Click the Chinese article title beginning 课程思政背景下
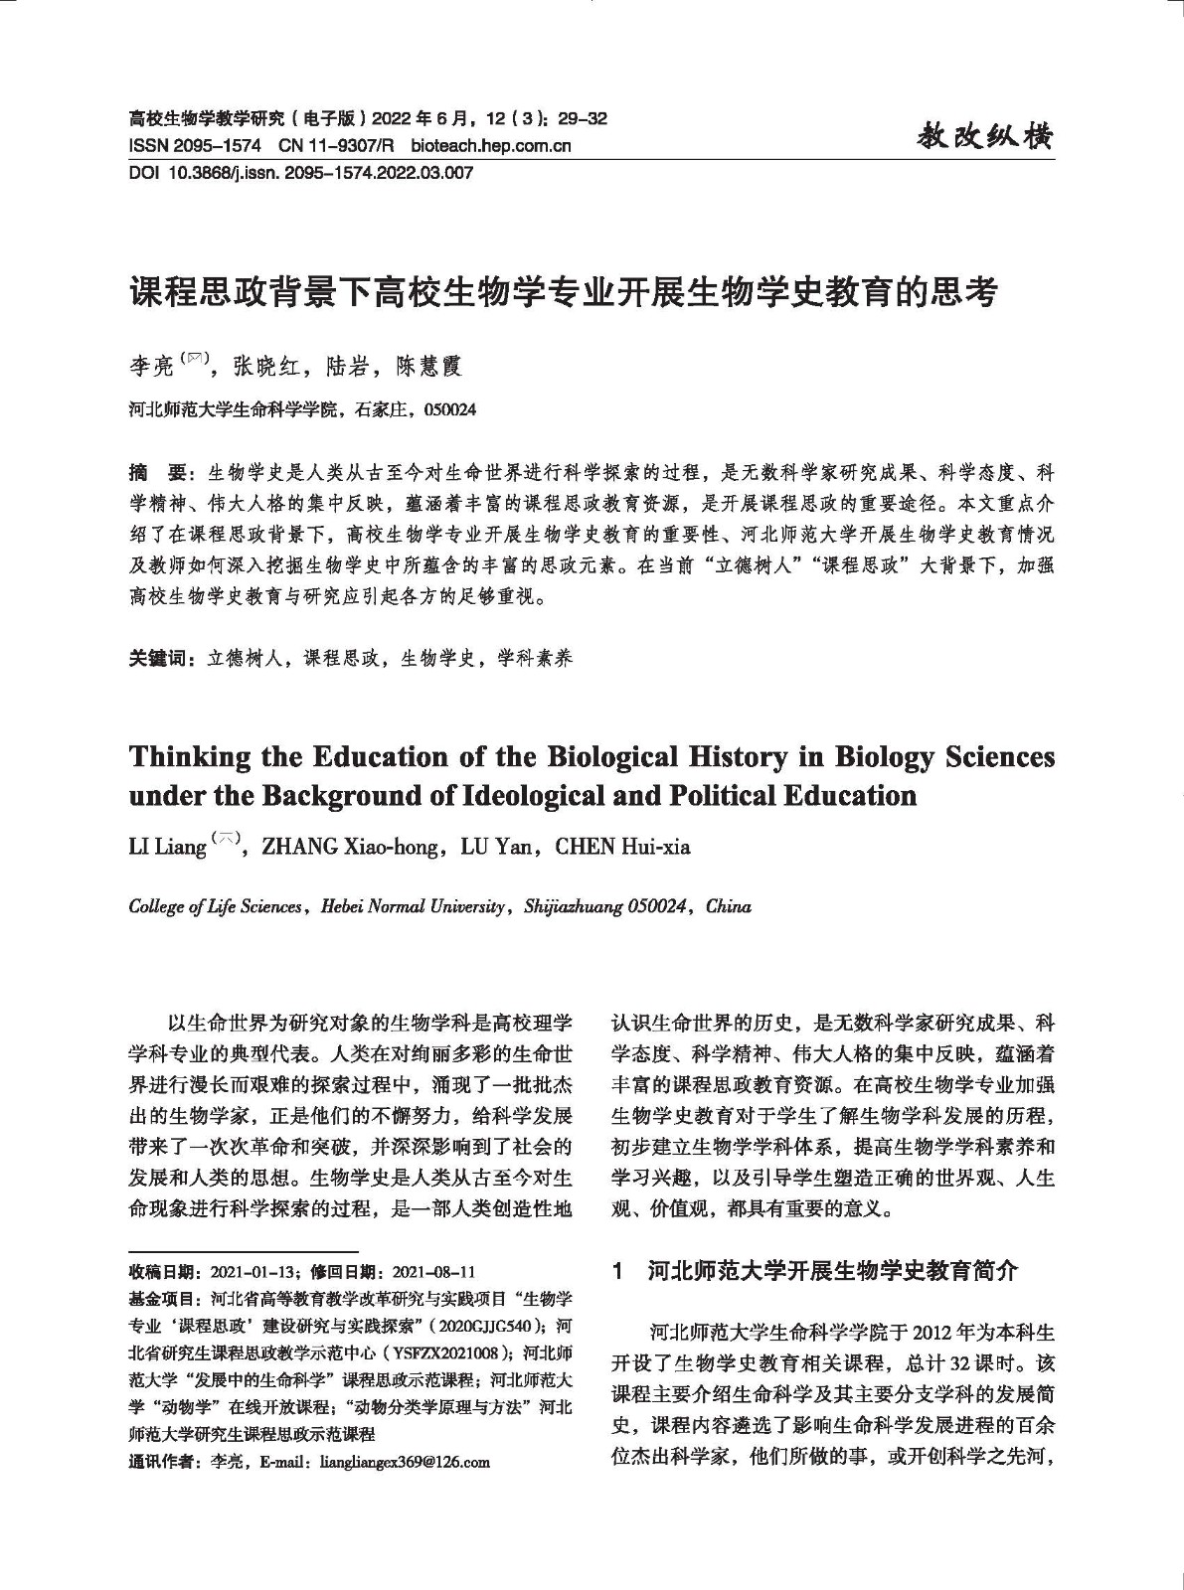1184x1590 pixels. tap(563, 293)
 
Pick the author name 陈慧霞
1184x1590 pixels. tap(428, 368)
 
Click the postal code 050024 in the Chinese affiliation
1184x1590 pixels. tap(450, 408)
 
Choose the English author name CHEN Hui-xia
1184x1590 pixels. tap(622, 847)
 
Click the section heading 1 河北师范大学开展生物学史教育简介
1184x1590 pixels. tap(816, 1270)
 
